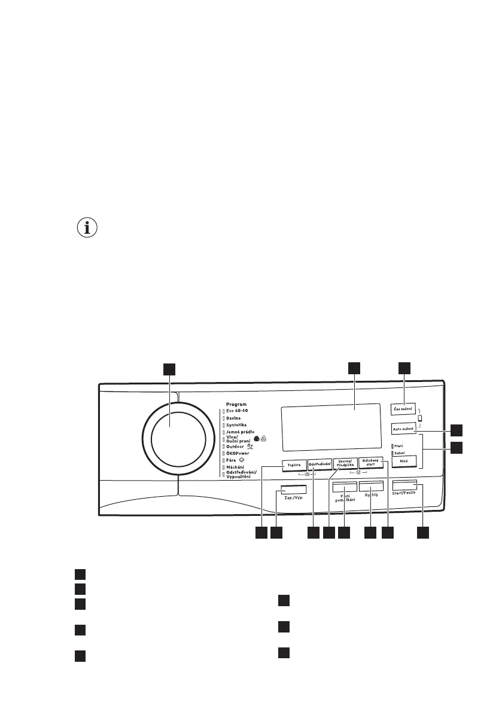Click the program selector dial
[177, 438]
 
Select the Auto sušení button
[404, 429]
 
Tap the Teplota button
[293, 465]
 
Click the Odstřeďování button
[320, 465]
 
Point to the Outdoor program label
[237, 446]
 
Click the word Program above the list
[237, 404]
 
